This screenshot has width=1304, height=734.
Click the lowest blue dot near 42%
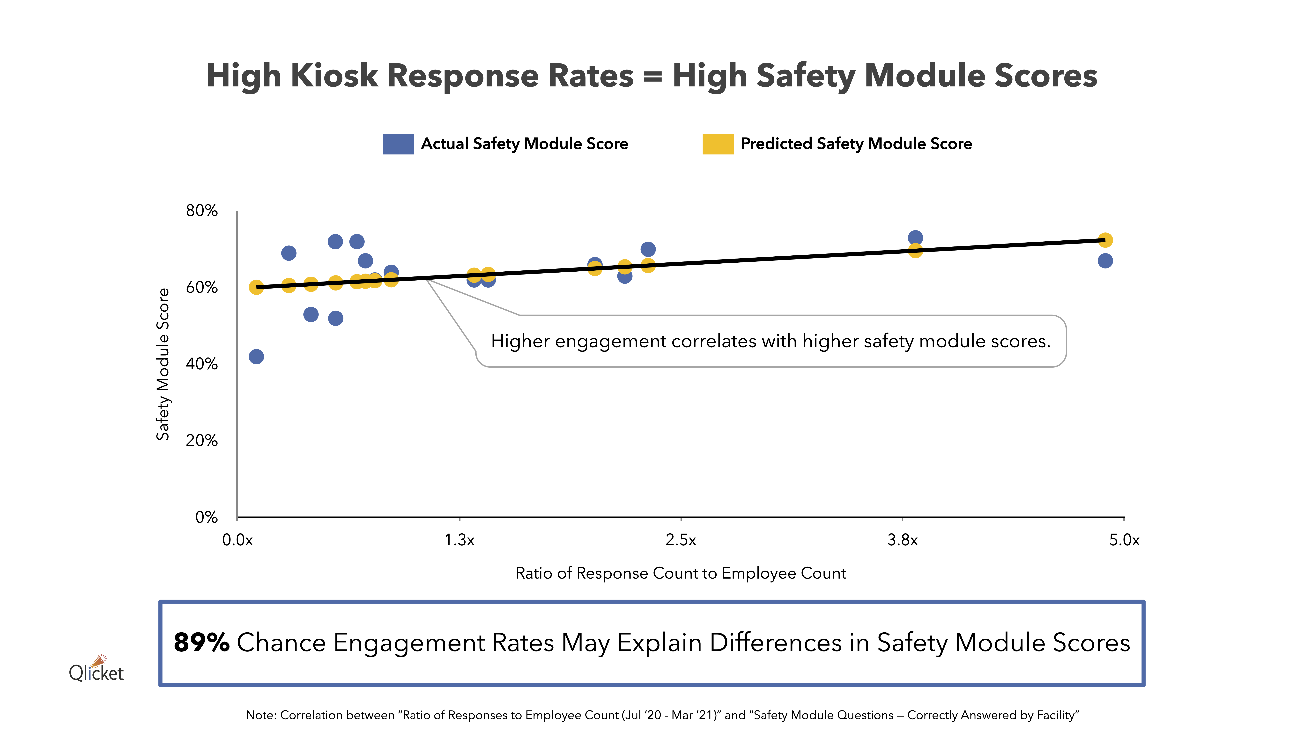256,357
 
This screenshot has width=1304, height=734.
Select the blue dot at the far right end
1105,261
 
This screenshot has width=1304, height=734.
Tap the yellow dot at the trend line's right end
1105,240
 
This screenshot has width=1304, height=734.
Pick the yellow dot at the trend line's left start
256,287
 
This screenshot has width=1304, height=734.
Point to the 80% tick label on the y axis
201,211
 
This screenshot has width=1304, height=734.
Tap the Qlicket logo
96,670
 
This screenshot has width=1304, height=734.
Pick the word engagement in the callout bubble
610,341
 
